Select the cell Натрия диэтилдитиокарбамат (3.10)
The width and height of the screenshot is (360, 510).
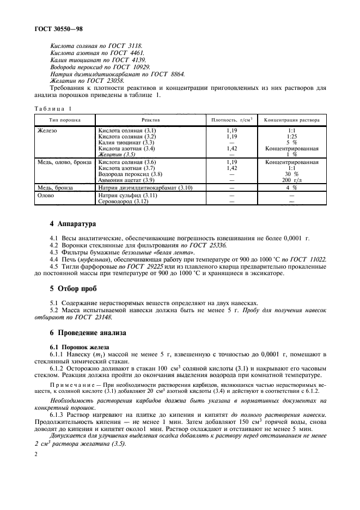pyautogui.click(x=144, y=187)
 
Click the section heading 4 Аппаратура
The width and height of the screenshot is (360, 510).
pyautogui.click(x=74, y=224)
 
